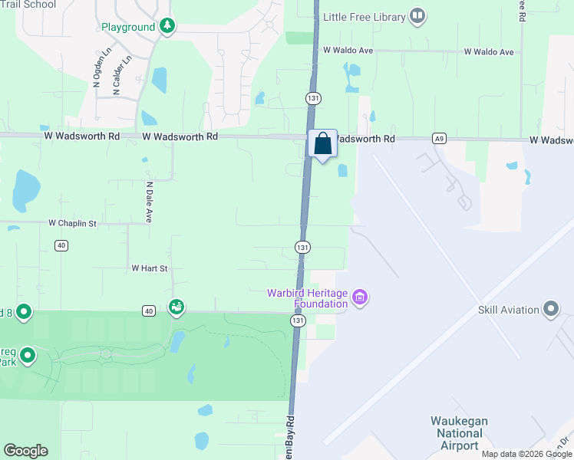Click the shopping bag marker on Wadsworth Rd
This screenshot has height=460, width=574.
point(322,143)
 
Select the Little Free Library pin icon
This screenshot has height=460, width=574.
point(417,15)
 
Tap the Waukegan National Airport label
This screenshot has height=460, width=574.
point(460,433)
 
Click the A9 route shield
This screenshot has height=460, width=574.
point(438,139)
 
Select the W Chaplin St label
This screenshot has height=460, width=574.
point(73,223)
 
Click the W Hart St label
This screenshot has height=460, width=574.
point(149,268)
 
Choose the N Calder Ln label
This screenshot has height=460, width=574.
point(118,74)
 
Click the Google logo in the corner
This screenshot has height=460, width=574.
point(25,450)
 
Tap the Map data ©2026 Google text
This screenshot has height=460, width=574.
point(526,454)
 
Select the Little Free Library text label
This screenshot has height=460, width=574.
point(364,16)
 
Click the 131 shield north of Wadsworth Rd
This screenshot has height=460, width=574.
point(312,98)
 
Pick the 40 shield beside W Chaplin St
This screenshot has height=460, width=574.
point(61,245)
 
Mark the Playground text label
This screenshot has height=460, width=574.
point(128,27)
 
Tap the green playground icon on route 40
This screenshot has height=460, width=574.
point(176,307)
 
